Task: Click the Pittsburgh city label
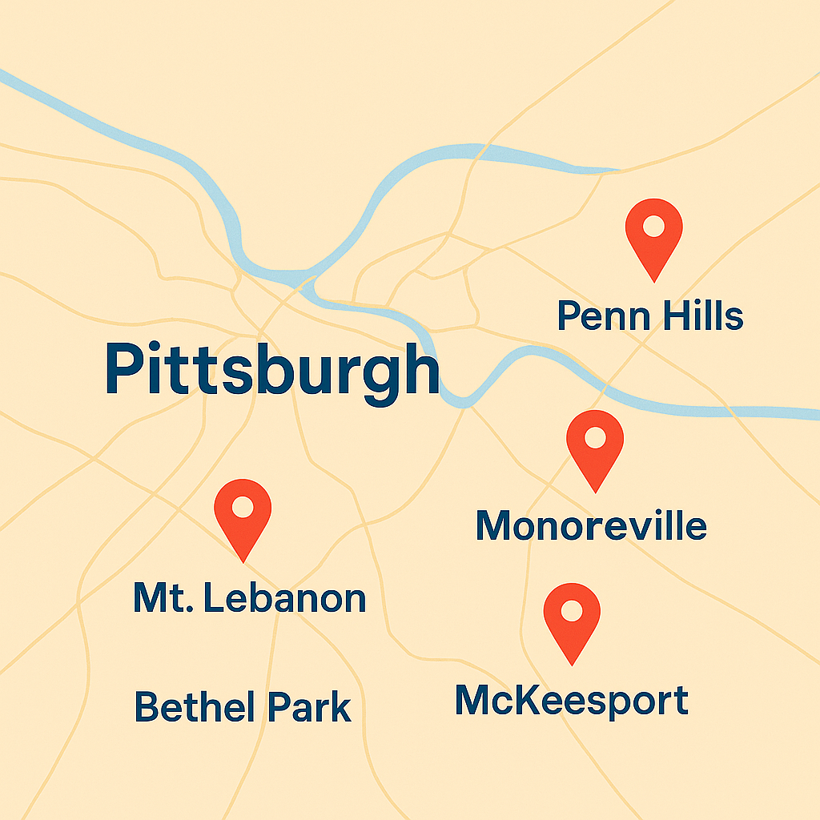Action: coord(272,370)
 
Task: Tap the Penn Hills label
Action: coord(650,316)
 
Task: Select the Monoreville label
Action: coord(591,525)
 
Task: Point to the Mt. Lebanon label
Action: coord(249,598)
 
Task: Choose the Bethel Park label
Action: coord(243,707)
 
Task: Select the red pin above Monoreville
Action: coord(595,444)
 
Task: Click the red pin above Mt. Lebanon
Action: coord(243,514)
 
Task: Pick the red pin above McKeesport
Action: coord(572,618)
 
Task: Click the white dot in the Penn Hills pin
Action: coord(653,226)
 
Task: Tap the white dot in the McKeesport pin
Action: coord(572,611)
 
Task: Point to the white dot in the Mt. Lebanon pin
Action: coord(243,506)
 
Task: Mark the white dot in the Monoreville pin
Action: coord(595,437)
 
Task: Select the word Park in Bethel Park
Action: coord(310,707)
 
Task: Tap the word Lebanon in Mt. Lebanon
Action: coord(285,598)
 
